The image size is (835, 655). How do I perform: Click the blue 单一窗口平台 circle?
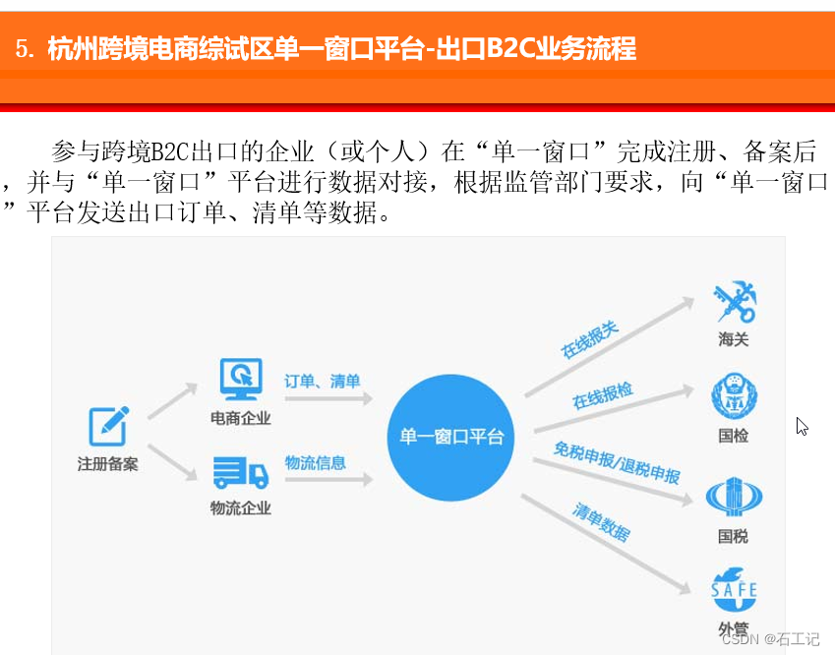pos(451,436)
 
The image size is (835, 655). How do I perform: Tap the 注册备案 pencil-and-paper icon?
pos(109,425)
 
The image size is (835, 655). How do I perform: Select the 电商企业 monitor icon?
pos(240,377)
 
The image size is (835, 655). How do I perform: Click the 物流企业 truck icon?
pos(240,473)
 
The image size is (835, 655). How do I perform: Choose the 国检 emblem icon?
pos(734,397)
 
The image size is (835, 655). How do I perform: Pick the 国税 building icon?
pos(734,497)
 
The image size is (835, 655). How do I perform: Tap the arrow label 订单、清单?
pos(323,381)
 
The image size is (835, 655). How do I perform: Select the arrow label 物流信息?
pos(315,462)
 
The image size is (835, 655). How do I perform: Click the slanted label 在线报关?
pos(590,339)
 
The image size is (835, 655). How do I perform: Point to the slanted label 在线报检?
pos(603,396)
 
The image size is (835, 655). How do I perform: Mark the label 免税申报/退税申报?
pos(617,462)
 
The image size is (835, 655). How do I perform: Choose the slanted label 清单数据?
pos(602,522)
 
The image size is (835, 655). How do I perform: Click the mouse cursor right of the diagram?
pos(802,426)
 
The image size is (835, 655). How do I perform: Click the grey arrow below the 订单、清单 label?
pos(328,399)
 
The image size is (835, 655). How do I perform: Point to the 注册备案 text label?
pos(108,464)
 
